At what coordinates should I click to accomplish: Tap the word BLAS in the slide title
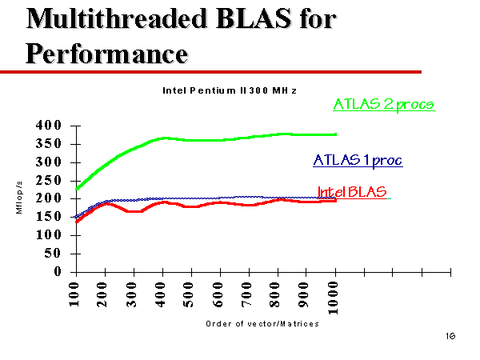254,18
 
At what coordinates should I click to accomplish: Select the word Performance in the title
106,54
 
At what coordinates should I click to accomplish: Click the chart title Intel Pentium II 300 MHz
230,90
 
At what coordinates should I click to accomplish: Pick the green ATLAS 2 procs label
384,105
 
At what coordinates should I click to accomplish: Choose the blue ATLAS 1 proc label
358,161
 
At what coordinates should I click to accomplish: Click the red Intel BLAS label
352,192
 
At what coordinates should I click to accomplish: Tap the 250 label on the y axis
48,180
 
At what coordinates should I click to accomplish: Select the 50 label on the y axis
53,253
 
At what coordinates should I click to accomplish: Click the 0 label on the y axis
58,271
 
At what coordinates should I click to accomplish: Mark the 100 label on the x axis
74,294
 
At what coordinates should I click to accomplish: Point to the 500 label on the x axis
189,294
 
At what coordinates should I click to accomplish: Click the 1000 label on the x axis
333,298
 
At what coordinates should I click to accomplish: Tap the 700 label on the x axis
246,294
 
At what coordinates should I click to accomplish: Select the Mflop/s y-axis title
19,198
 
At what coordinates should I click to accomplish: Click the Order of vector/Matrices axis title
262,324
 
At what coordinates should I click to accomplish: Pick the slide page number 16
450,336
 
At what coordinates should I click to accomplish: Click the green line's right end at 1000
336,134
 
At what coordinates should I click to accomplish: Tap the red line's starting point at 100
77,222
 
